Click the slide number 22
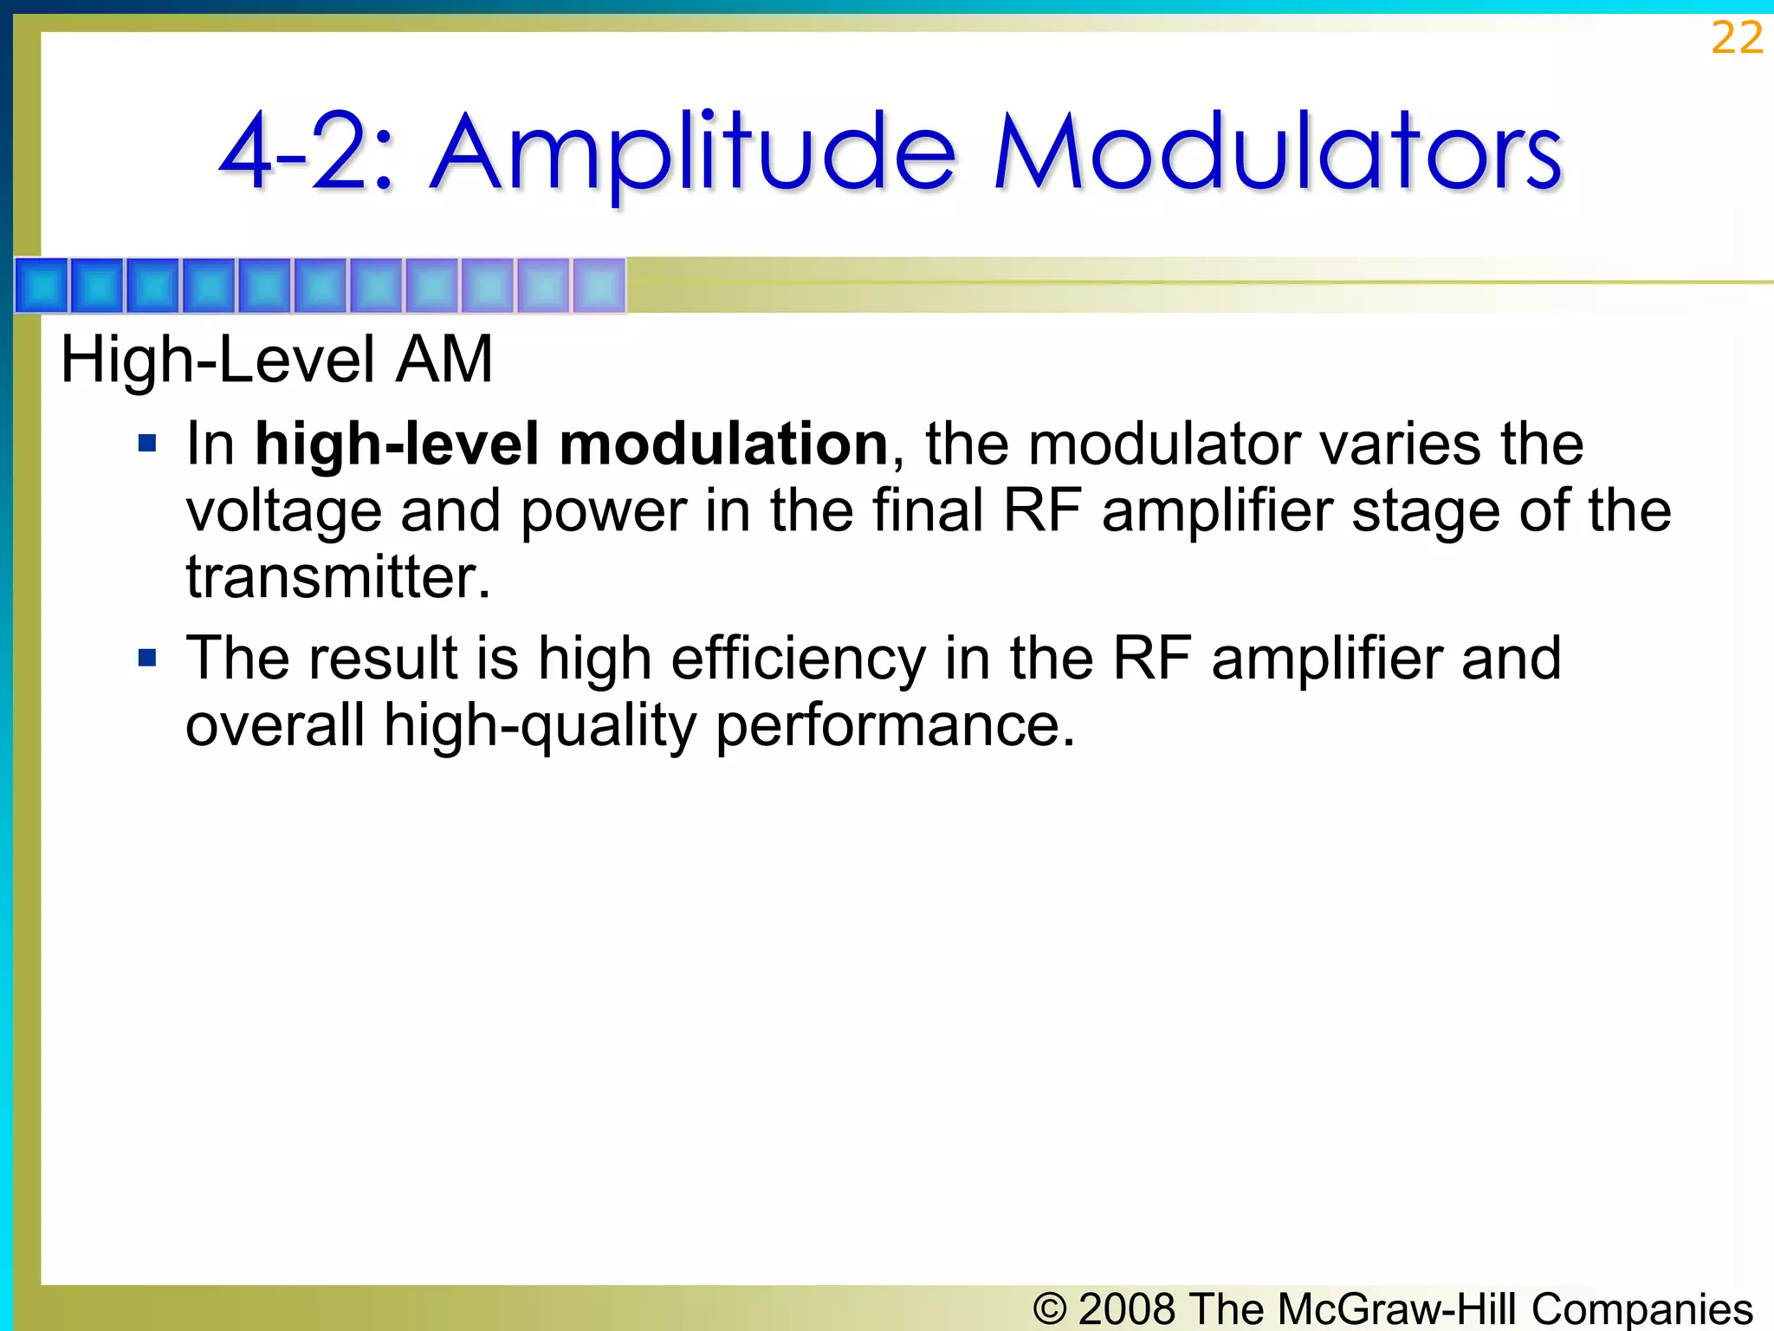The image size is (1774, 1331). coord(1737,39)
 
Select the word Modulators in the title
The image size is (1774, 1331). coord(1277,154)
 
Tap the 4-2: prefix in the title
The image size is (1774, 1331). coord(308,154)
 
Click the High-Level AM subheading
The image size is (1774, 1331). coord(276,360)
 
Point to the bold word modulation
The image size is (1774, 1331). coord(723,445)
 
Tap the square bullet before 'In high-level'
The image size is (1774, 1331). coord(147,445)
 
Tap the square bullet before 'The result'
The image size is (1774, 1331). coord(147,659)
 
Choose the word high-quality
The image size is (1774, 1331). coord(540,726)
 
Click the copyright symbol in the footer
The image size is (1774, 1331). coord(1050,1308)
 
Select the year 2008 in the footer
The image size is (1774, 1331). coord(1127,1308)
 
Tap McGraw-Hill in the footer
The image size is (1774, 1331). coord(1398,1308)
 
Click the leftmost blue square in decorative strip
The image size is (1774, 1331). coord(42,285)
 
